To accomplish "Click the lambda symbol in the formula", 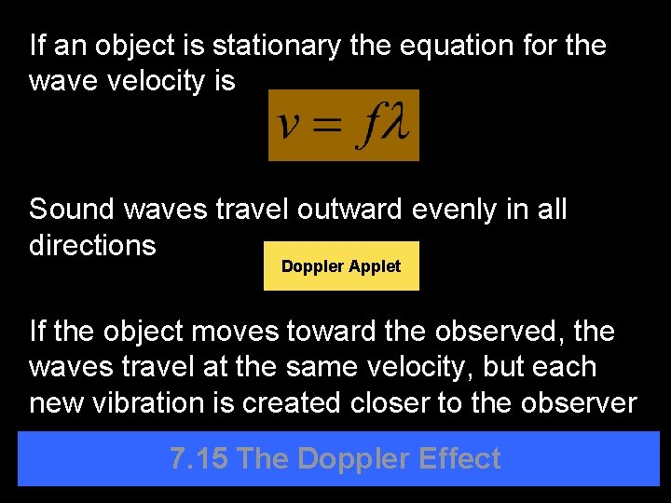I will pos(395,125).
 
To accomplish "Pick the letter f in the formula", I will pos(366,127).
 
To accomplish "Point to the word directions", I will pos(92,245).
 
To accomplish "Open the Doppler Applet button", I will pos(341,266).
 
